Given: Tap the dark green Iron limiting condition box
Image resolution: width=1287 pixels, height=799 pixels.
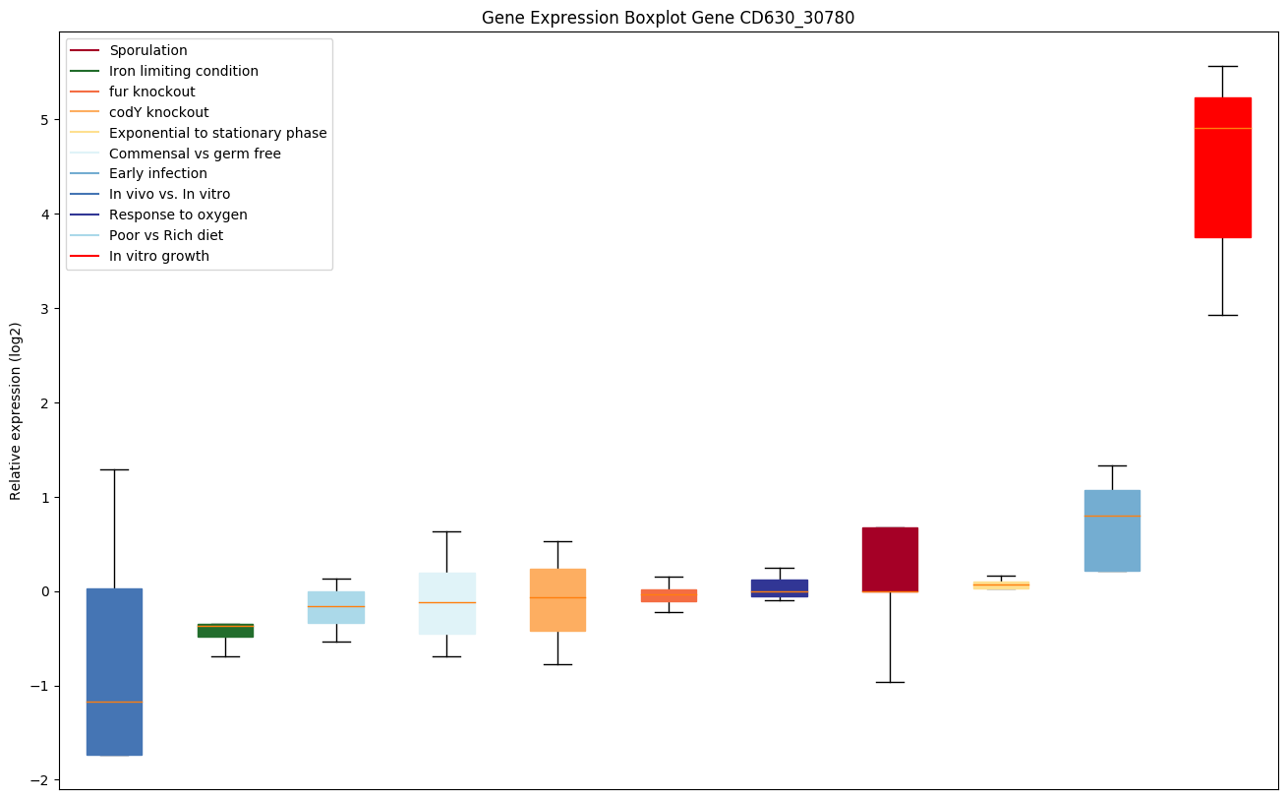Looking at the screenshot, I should pyautogui.click(x=225, y=631).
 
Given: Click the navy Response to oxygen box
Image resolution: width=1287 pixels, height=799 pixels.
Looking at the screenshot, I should pyautogui.click(x=779, y=587).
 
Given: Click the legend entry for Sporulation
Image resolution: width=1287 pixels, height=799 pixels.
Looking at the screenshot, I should pyautogui.click(x=148, y=50).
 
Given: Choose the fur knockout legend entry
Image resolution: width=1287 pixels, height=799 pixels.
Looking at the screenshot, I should pyautogui.click(x=152, y=92).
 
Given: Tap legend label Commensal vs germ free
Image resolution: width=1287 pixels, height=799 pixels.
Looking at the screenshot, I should pyautogui.click(x=195, y=154).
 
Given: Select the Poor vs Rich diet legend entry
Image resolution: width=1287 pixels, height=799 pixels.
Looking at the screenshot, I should pyautogui.click(x=166, y=235).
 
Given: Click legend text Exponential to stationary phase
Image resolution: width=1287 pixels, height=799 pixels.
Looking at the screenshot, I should pyautogui.click(x=218, y=133).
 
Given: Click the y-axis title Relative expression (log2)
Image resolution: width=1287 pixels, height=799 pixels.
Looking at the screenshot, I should pyautogui.click(x=16, y=410).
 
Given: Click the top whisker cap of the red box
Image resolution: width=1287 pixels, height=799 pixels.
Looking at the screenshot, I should pyautogui.click(x=1222, y=66).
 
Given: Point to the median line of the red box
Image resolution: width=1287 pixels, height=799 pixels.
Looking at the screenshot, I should pyautogui.click(x=1222, y=128).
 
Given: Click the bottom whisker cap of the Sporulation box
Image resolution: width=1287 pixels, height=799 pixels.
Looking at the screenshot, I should pyautogui.click(x=890, y=682).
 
